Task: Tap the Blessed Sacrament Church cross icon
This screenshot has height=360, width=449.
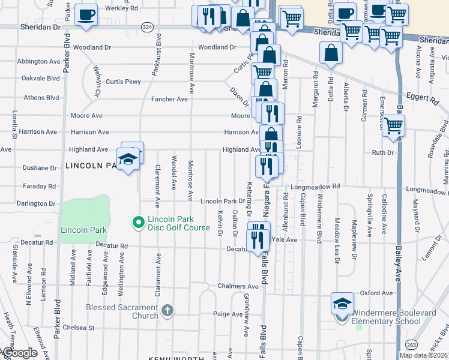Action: pyautogui.click(x=167, y=311)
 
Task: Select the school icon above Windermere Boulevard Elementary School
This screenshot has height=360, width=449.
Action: pyautogui.click(x=342, y=304)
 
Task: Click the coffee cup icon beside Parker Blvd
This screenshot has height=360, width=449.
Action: pyautogui.click(x=86, y=14)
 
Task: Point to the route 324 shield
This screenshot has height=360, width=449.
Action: pyautogui.click(x=146, y=27)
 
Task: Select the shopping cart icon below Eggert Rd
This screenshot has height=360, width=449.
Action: pyautogui.click(x=393, y=126)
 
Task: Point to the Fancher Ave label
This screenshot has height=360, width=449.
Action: pyautogui.click(x=170, y=99)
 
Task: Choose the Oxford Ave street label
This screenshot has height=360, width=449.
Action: pyautogui.click(x=376, y=293)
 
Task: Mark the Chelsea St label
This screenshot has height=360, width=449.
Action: pyautogui.click(x=80, y=328)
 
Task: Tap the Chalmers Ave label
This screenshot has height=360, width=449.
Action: pyautogui.click(x=238, y=286)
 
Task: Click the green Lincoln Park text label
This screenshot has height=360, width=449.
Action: pyautogui.click(x=83, y=230)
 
